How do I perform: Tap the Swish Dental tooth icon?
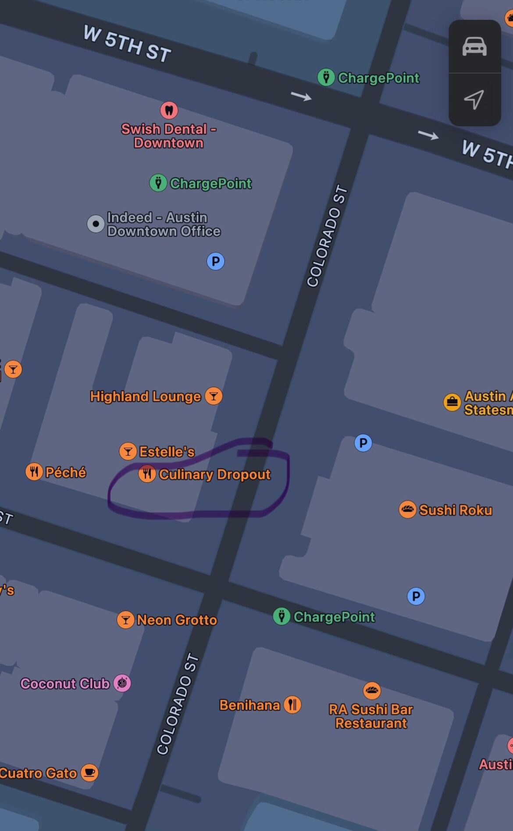coord(169,110)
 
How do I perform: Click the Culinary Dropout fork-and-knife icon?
coord(147,474)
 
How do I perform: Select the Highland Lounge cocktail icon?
coord(214,396)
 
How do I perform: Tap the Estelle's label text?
coord(167,452)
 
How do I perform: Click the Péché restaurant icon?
coord(34,472)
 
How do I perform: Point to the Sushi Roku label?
coord(456,510)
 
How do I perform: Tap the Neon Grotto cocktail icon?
coord(125,619)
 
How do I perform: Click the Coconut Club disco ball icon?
coord(122,683)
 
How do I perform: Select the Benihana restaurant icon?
coord(292,705)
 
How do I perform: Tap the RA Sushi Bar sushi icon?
coord(372,691)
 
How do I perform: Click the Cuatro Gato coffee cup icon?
coord(89,773)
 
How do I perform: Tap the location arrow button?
coord(474,100)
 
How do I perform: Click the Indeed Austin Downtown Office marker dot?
coord(96,224)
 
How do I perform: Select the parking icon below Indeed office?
coord(215,261)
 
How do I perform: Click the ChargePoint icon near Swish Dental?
coord(158,183)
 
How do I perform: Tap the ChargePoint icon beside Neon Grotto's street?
coord(281,616)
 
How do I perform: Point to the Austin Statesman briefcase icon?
coord(452,402)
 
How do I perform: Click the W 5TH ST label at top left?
coord(127,44)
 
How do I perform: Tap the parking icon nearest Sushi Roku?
coord(416,596)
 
